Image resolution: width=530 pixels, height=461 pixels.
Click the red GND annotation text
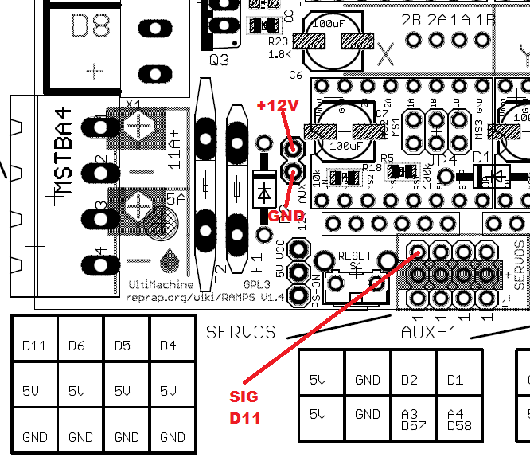click(285, 216)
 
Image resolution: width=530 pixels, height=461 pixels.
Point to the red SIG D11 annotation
click(245, 406)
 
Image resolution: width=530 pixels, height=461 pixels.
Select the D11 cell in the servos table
click(34, 346)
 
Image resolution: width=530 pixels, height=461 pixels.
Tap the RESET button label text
click(355, 256)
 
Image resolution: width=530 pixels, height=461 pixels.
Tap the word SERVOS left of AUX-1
click(240, 332)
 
